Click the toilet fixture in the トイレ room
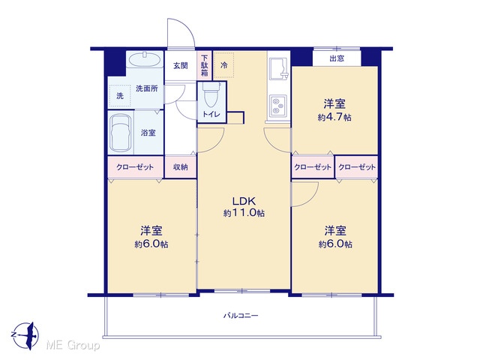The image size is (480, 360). (x=211, y=95)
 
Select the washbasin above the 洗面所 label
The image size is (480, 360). (x=145, y=59)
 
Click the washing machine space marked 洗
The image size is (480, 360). (x=120, y=96)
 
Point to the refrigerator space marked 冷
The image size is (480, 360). (x=223, y=65)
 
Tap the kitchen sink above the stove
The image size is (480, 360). (x=278, y=67)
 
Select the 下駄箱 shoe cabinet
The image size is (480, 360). (x=205, y=65)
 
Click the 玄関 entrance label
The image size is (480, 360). (x=181, y=65)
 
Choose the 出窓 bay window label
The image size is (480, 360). (x=337, y=58)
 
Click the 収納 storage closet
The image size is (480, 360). (x=180, y=167)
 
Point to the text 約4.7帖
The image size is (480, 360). (x=334, y=117)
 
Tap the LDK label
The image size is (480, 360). (x=244, y=202)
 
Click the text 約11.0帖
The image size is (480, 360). (x=244, y=213)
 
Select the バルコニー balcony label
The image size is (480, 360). (x=241, y=315)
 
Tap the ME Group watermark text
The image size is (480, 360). (x=73, y=346)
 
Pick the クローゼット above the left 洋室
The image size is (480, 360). (x=135, y=167)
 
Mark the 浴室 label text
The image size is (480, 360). (x=148, y=133)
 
